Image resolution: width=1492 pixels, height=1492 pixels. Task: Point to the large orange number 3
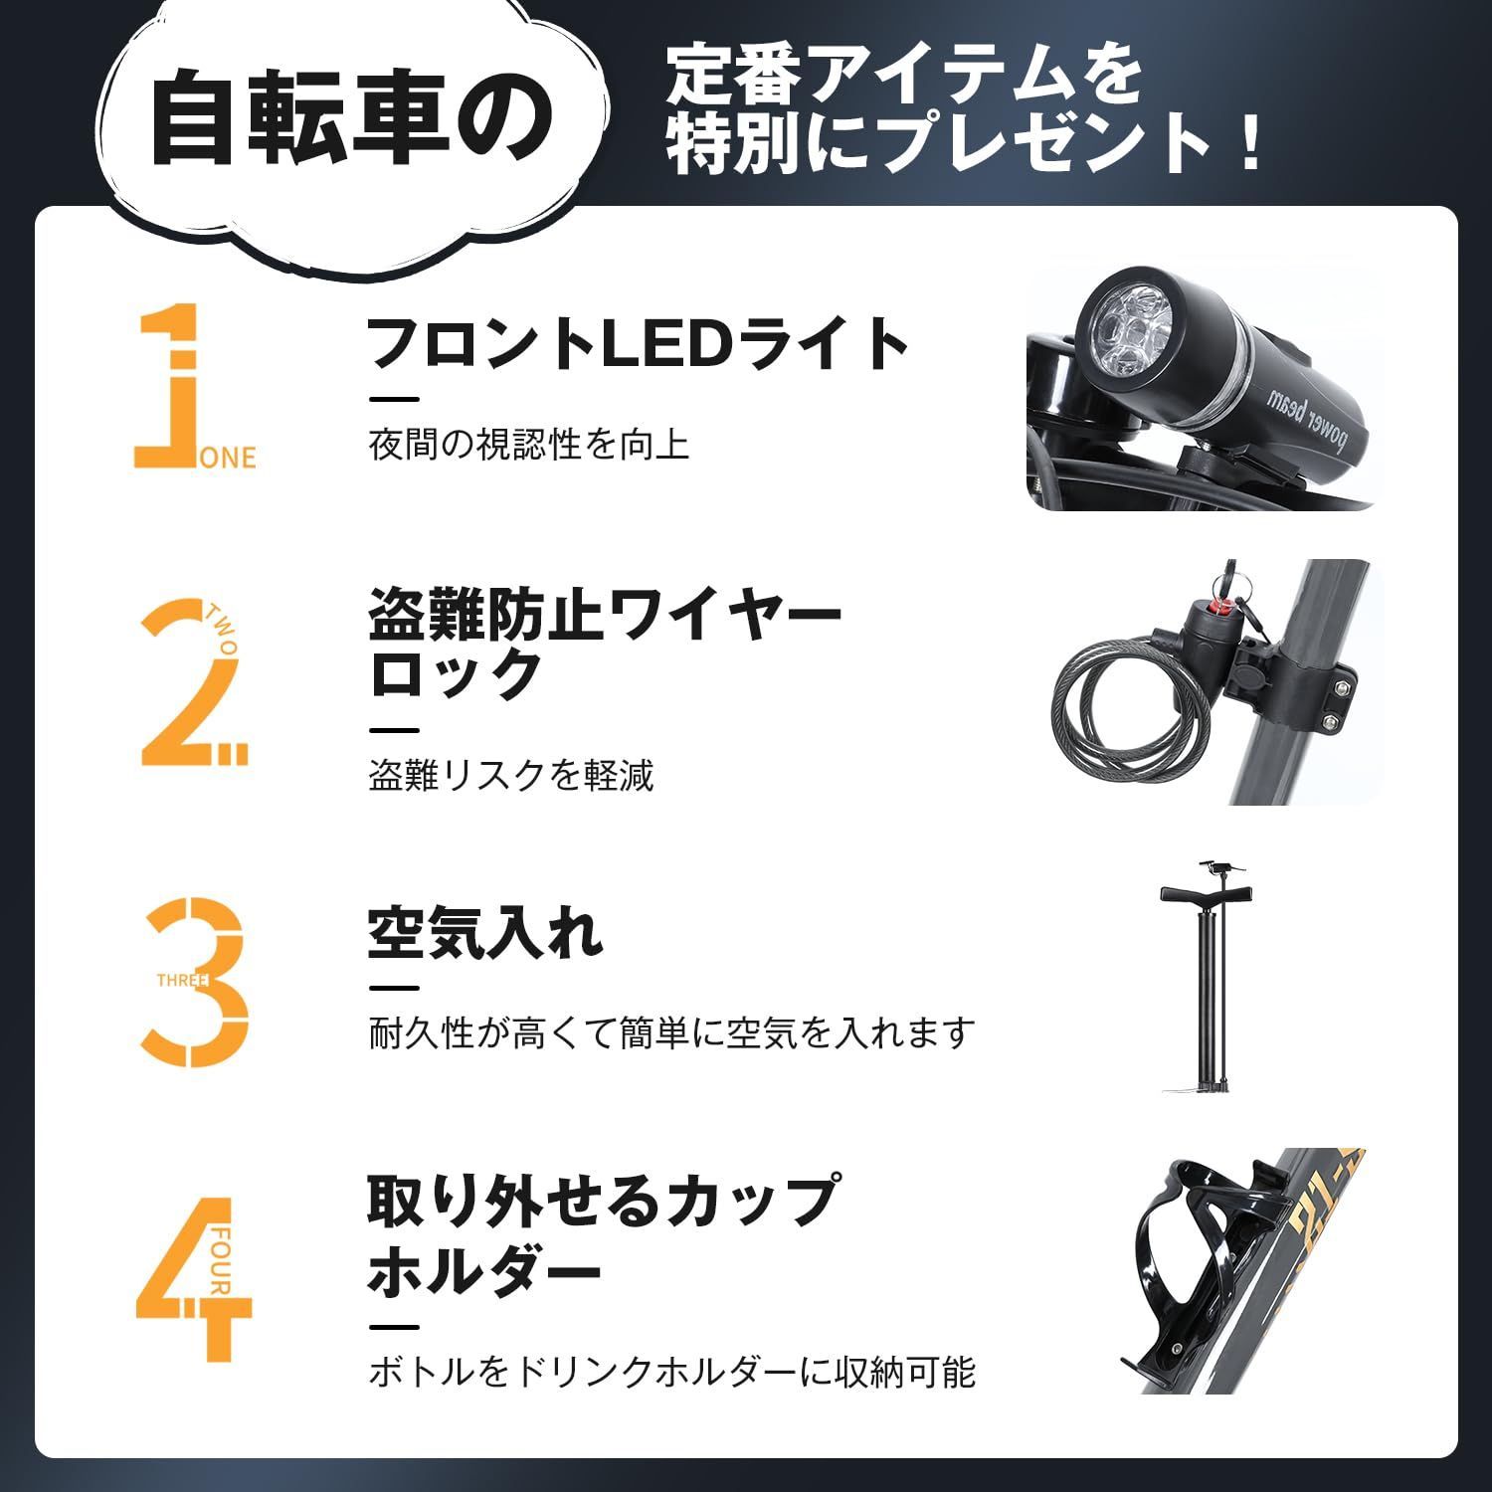199,980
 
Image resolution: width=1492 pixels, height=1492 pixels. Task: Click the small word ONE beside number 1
230,458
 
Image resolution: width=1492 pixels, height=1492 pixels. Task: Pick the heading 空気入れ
484,932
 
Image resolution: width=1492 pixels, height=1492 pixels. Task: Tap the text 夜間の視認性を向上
528,444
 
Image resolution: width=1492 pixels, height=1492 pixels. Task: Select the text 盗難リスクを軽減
511,775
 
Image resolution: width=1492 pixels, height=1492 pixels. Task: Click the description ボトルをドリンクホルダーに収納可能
671,1372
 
